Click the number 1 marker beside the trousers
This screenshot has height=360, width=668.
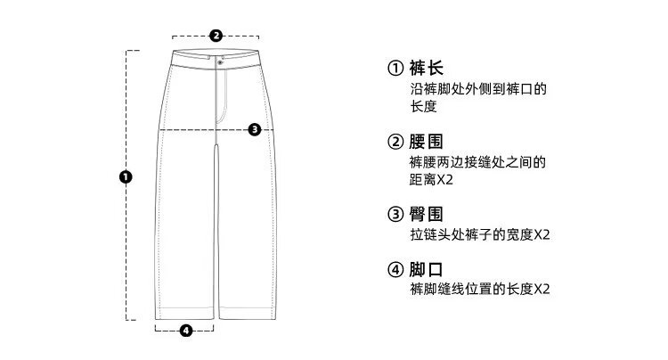126,176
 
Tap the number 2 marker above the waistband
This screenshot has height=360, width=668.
216,37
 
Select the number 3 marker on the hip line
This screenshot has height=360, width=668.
255,129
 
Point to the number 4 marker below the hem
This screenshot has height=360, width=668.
185,331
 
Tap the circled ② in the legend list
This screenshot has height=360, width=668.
395,143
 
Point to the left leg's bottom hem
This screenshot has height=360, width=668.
186,314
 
